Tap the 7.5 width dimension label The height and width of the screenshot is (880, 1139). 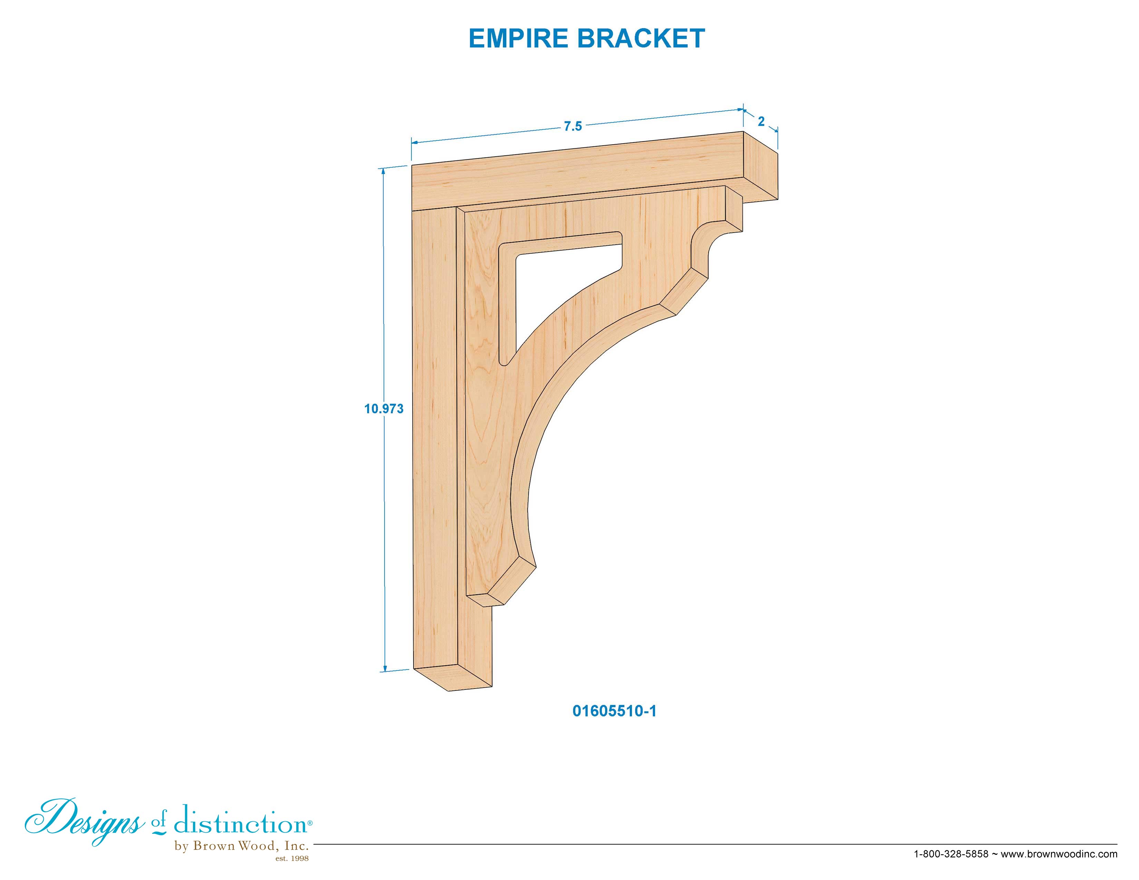573,127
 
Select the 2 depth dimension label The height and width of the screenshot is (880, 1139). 761,121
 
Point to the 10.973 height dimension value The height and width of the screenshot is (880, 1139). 384,409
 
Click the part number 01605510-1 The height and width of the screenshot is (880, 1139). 614,711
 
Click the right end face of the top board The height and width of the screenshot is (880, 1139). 760,166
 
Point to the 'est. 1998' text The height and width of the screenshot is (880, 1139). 292,859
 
